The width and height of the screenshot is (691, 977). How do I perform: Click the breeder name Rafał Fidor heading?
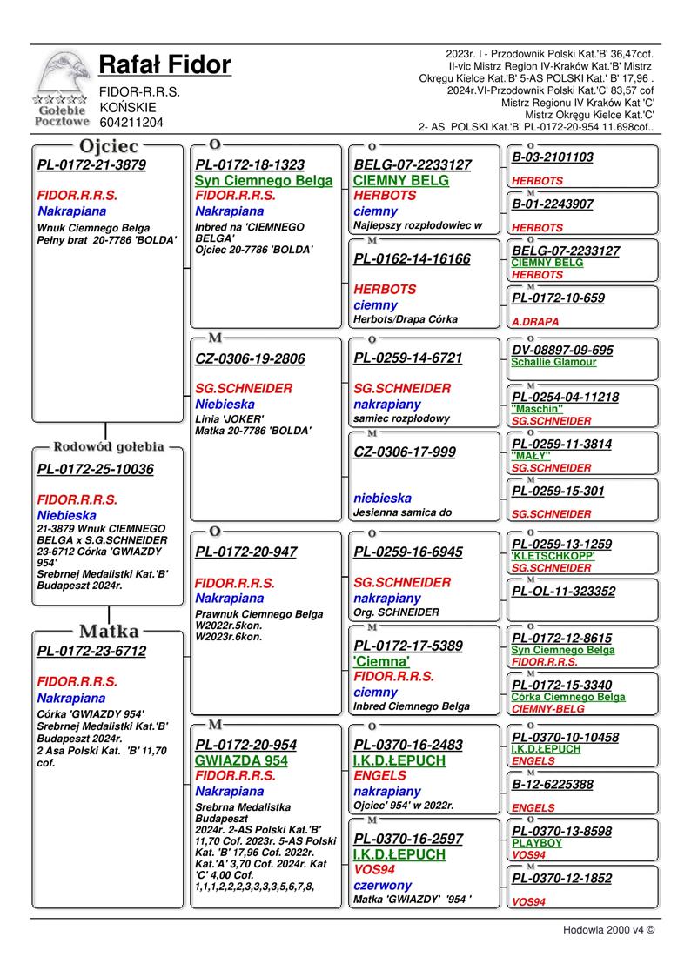(164, 64)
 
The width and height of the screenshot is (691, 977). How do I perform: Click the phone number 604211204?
(131, 123)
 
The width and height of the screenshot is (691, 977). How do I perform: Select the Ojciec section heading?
(109, 146)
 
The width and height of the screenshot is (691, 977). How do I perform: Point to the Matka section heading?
(109, 631)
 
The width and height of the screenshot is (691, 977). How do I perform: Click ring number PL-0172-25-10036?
(96, 470)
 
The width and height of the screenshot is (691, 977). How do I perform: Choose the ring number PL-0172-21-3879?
(91, 164)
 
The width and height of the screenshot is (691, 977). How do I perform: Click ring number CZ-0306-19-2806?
(250, 358)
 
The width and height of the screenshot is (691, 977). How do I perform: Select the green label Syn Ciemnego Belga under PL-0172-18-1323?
(264, 180)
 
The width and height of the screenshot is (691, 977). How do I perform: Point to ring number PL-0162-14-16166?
(412, 259)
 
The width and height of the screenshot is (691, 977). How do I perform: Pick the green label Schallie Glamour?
(553, 362)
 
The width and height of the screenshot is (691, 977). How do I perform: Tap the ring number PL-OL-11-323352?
(563, 592)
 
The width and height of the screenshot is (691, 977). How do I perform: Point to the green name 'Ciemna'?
(381, 661)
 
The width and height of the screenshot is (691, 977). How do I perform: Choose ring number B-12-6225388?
(553, 785)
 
